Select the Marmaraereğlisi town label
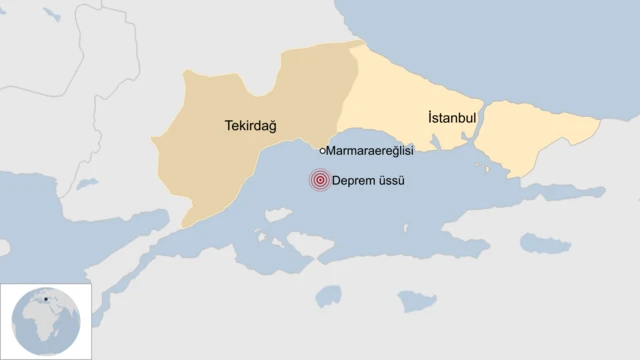point(371,150)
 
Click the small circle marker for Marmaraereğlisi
point(322,150)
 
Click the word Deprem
point(357,181)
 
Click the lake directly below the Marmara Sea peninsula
point(330,295)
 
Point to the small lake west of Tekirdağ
point(86,184)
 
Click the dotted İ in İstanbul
point(430,117)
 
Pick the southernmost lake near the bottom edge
point(416,301)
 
